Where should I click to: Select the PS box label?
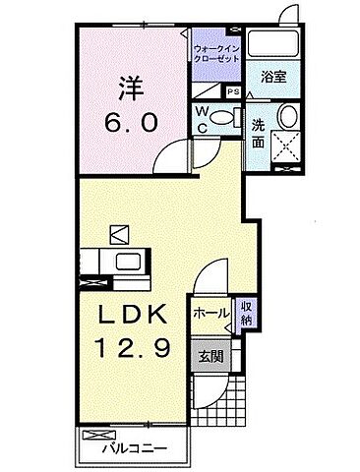coord(232,91)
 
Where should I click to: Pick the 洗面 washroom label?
coord(258,133)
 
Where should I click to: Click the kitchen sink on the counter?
coord(129,264)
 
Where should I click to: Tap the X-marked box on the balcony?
coord(96,433)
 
